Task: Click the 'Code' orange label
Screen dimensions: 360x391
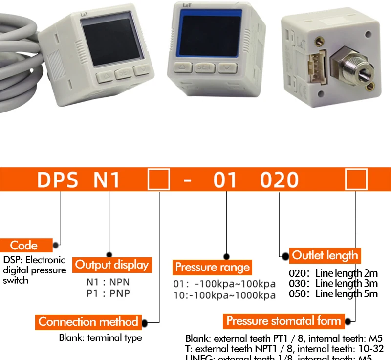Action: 25,245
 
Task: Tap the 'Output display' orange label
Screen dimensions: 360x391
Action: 111,265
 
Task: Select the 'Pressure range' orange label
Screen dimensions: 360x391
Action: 212,267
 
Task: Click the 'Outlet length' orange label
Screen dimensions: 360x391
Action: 325,255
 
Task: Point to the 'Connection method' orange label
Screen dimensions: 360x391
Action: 88,322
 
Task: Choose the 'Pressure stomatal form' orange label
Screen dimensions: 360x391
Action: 283,321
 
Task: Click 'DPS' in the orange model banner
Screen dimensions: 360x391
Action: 58,180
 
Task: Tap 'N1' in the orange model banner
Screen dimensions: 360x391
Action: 107,180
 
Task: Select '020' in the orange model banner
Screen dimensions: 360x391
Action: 279,180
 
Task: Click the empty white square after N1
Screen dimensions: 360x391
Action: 158,180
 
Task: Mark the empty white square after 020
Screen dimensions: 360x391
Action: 356,180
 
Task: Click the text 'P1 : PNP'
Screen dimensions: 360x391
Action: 108,293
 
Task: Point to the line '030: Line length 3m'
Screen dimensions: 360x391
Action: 333,283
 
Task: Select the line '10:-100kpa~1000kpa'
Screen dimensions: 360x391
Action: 224,295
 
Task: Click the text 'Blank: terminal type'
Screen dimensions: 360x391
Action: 100,337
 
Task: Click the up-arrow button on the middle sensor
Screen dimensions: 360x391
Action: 182,67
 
